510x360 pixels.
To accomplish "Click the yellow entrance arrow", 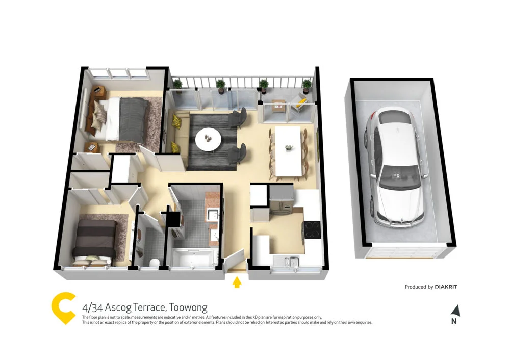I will (237, 282).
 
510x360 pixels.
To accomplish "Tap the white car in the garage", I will (396, 168).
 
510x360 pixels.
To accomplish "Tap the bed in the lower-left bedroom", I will (95, 240).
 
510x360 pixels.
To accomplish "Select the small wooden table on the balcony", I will (278, 106).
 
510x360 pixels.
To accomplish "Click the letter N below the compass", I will (454, 321).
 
